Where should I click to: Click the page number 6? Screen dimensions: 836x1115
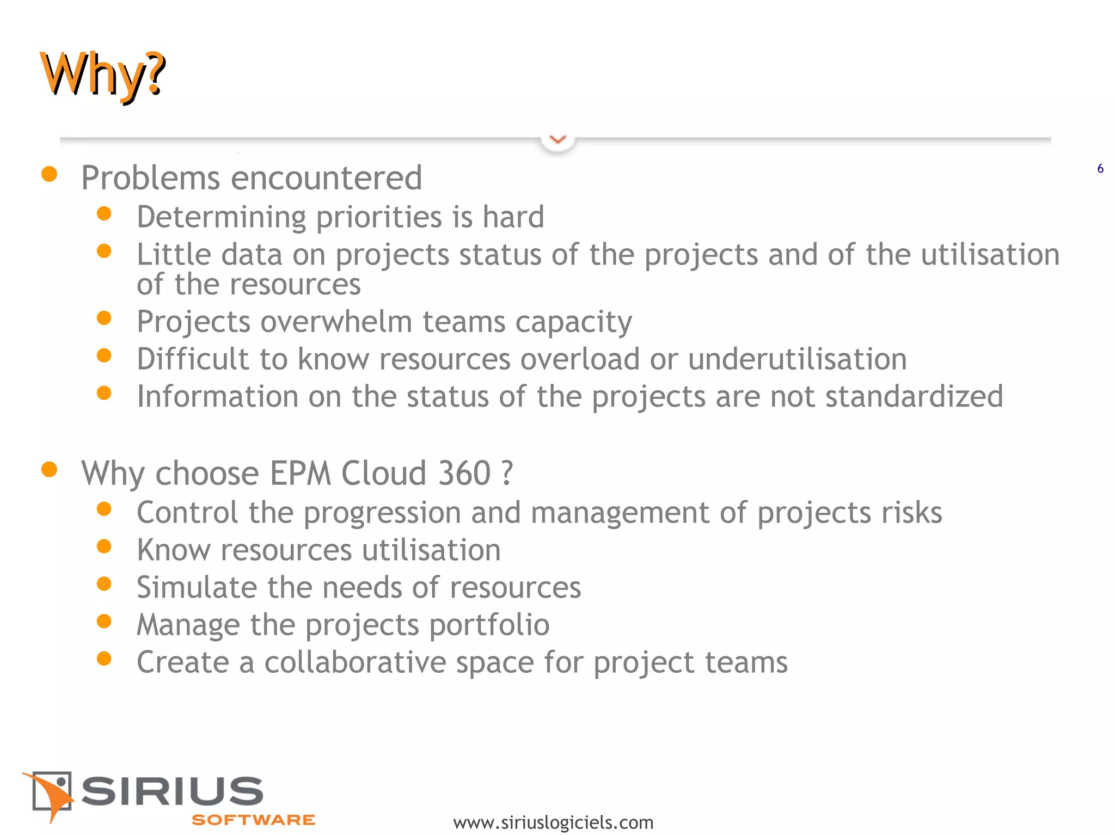(x=1100, y=169)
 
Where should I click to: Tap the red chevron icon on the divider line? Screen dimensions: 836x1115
(x=557, y=140)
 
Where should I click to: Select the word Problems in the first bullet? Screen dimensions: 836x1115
(x=151, y=178)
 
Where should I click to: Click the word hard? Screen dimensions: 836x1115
(x=513, y=217)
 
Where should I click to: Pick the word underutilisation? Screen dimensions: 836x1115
(x=797, y=359)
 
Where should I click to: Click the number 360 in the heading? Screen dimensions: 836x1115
(x=464, y=473)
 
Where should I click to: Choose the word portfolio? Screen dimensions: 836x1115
(x=489, y=625)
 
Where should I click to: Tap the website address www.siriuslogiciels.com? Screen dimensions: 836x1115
(x=553, y=822)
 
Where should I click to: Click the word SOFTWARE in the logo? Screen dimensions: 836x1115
(x=253, y=820)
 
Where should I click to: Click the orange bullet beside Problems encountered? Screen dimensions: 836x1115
(x=50, y=174)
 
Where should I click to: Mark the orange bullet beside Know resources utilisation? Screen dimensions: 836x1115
(x=104, y=546)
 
